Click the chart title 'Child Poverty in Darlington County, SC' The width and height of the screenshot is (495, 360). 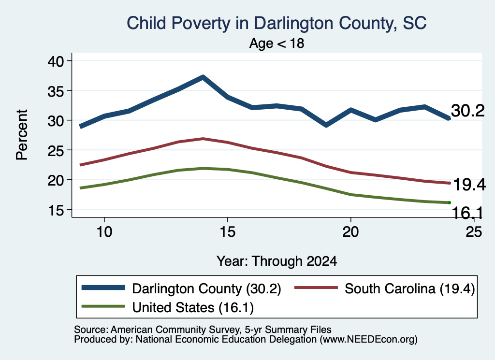click(277, 23)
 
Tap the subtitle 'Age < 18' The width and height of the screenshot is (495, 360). click(277, 43)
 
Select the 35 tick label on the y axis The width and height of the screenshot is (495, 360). click(56, 91)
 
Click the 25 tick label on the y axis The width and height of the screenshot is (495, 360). click(56, 150)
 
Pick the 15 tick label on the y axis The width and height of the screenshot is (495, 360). click(56, 210)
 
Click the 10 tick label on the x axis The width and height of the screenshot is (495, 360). click(104, 232)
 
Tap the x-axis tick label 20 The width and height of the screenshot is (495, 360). click(351, 232)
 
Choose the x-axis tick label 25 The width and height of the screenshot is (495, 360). click(474, 232)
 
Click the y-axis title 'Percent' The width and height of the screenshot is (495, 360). click(22, 135)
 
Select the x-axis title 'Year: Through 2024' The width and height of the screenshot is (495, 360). click(277, 261)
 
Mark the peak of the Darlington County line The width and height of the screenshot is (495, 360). click(203, 77)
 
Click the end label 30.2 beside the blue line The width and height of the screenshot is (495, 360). click(467, 111)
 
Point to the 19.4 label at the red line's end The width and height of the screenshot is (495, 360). click(469, 185)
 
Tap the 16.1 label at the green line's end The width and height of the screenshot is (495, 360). click(467, 213)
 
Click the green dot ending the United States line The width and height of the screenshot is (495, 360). click(449, 202)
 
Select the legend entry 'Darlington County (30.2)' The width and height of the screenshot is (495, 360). click(206, 288)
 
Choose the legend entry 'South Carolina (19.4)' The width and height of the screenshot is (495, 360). click(410, 288)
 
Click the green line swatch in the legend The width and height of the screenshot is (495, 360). click(103, 306)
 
